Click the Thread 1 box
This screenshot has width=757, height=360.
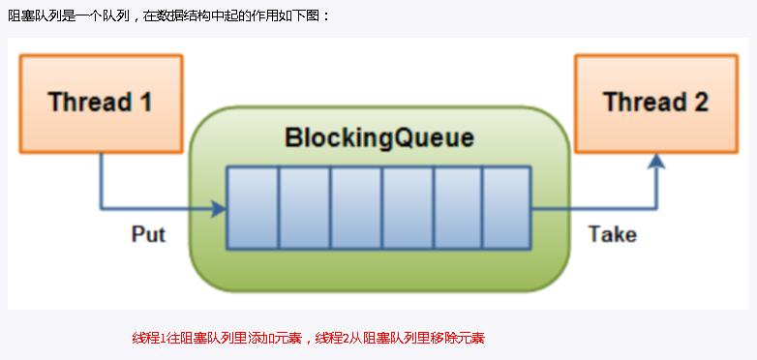click(101, 103)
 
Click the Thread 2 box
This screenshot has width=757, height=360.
click(655, 103)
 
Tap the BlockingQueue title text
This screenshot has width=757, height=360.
click(379, 137)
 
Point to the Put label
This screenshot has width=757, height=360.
click(148, 234)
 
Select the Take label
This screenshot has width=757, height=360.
click(612, 234)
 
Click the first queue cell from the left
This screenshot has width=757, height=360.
click(253, 207)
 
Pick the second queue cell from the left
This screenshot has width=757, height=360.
click(304, 207)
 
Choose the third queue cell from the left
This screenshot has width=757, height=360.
click(355, 207)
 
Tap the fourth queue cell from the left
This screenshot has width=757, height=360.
click(407, 207)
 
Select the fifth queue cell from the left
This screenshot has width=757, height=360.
click(457, 207)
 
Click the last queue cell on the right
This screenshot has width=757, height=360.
click(506, 207)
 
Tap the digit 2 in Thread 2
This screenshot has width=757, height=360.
click(699, 103)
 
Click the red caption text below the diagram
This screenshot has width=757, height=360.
click(308, 338)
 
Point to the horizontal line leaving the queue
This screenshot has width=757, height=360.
click(590, 207)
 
